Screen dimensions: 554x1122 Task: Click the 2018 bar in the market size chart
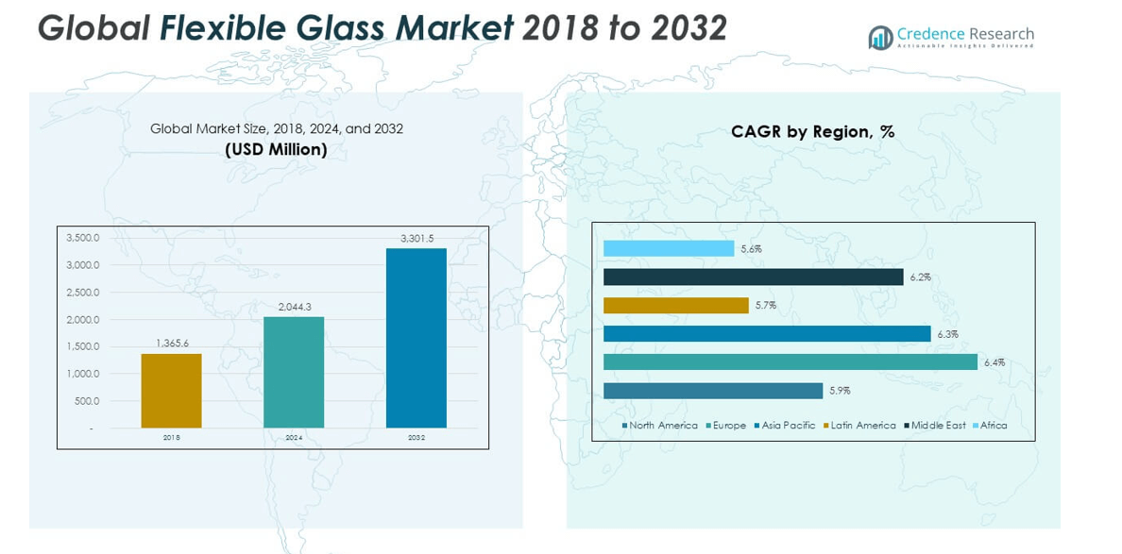coord(171,391)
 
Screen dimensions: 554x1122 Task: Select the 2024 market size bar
coord(294,372)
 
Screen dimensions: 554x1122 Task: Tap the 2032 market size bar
coord(416,338)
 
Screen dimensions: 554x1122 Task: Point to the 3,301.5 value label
coord(416,239)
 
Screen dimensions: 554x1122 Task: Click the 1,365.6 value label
coord(172,344)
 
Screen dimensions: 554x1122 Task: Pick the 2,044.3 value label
coord(294,307)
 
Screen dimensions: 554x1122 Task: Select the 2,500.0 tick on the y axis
coord(82,293)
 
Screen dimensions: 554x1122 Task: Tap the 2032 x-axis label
coord(416,438)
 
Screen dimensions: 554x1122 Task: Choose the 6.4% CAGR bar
coord(790,362)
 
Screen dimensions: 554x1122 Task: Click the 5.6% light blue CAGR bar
coord(669,249)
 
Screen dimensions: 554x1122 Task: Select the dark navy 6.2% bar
coord(753,277)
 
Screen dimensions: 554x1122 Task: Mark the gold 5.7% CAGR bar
coord(675,306)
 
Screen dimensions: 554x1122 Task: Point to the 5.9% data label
coord(840,391)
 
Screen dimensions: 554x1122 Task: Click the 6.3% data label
coord(947,334)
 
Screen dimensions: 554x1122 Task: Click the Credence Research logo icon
coord(880,38)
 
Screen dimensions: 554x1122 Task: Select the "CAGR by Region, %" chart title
coord(812,132)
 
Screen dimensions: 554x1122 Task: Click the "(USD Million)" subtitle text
coord(276,149)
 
